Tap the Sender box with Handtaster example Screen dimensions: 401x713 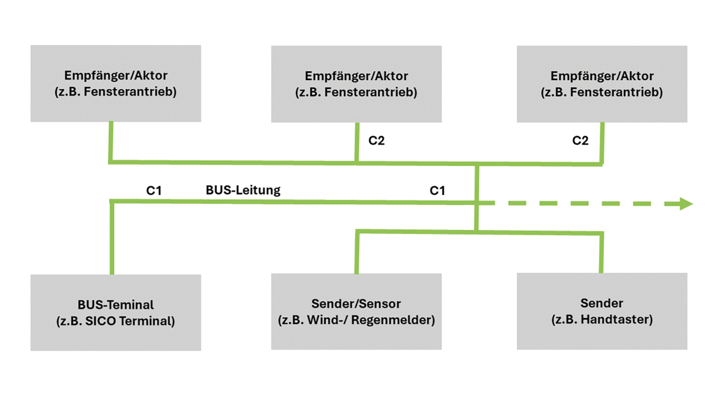coord(602,312)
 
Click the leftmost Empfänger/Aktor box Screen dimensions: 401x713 coord(116,84)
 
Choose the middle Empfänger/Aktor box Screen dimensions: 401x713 coord(356,84)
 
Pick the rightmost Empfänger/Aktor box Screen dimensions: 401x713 coord(602,84)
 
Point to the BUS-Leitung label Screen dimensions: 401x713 coord(243,190)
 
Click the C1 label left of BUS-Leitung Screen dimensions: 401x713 coord(154,190)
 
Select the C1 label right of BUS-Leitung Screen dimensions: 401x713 coord(437,190)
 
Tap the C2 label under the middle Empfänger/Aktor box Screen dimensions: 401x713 coord(377,141)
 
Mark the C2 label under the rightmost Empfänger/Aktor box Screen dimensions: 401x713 coord(581,141)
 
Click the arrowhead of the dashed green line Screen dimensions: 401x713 coord(686,204)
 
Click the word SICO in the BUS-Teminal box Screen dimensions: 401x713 coord(118,322)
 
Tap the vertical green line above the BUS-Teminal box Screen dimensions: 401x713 coord(111,238)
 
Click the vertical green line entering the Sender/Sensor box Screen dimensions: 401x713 coord(356,252)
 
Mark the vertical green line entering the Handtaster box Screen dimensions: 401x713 coord(601,252)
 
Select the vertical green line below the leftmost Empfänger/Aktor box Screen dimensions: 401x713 coord(111,141)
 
